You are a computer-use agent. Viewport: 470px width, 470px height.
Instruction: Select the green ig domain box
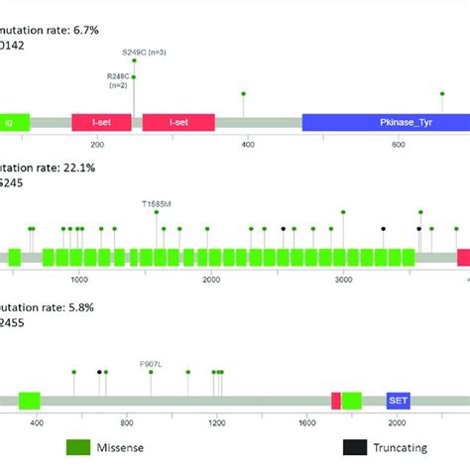click(14, 122)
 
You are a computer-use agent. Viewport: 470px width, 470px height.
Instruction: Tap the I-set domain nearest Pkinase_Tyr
click(178, 122)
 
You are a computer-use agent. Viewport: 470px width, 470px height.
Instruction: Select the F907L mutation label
click(151, 363)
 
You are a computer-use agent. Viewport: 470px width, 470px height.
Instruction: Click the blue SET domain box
click(399, 400)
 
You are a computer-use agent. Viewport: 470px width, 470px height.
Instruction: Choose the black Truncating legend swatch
click(354, 447)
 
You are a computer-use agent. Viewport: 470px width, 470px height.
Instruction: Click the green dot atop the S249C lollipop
click(134, 60)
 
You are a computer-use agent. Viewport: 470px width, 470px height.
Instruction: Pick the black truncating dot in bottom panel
click(99, 373)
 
